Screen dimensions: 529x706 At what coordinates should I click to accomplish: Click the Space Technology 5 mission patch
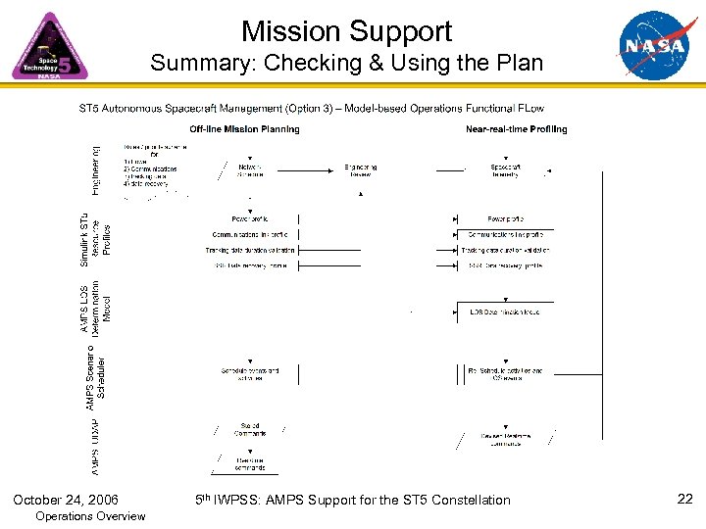click(x=49, y=47)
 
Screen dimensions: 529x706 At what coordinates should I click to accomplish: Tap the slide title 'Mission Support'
click(x=346, y=30)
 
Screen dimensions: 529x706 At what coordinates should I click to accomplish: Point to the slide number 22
click(x=685, y=500)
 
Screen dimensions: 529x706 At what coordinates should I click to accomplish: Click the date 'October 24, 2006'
click(x=66, y=500)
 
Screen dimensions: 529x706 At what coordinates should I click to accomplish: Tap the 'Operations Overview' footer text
click(x=89, y=516)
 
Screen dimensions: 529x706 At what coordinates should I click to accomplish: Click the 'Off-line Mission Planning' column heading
click(x=244, y=129)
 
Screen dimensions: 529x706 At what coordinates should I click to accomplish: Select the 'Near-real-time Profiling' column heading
click(x=516, y=129)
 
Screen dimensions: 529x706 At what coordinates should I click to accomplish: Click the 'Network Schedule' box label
click(x=251, y=170)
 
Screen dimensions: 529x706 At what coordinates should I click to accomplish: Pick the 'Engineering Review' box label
click(x=360, y=170)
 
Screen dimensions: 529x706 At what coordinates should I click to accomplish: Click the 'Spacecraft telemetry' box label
click(x=506, y=170)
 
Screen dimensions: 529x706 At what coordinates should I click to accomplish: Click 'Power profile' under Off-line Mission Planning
click(x=250, y=218)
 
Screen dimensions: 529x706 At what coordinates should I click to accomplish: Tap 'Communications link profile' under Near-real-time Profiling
click(x=506, y=234)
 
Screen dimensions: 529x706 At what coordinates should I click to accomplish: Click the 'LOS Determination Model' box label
click(x=504, y=312)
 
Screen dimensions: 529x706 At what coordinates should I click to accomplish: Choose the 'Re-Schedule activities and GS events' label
click(x=505, y=375)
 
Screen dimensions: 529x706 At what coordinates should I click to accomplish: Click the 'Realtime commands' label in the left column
click(x=250, y=462)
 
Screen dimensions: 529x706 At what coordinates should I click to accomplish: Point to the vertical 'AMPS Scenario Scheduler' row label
click(x=95, y=373)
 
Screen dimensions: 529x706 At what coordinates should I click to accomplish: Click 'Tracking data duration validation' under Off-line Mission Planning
click(x=250, y=250)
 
